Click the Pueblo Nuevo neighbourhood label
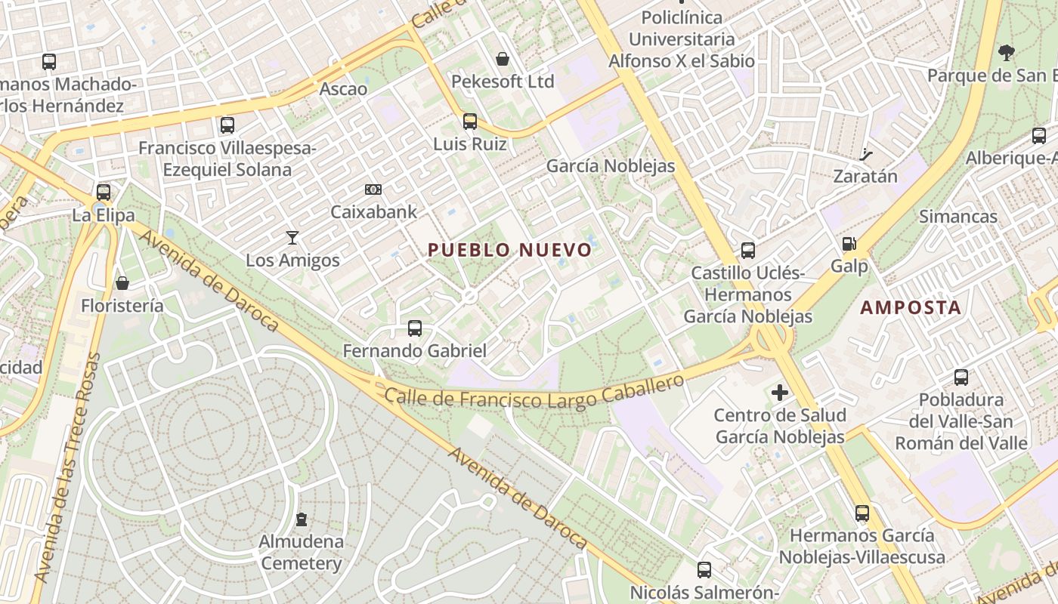[x=510, y=250]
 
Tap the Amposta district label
[x=911, y=307]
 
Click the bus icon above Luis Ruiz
[x=470, y=121]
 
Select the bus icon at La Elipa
[x=104, y=192]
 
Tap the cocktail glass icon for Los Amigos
[x=292, y=238]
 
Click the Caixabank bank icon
[x=373, y=190]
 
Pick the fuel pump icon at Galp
[x=849, y=244]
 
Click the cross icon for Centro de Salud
[x=780, y=393]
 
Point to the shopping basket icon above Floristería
[x=122, y=283]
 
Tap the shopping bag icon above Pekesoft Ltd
[x=503, y=59]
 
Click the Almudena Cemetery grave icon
[x=302, y=519]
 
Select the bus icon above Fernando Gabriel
[x=415, y=328]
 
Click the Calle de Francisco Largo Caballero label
[x=534, y=394]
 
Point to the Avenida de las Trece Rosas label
[x=68, y=468]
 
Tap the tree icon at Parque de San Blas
[x=1006, y=53]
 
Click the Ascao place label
[x=343, y=89]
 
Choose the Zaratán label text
[x=865, y=177]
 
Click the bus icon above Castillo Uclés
[x=748, y=250]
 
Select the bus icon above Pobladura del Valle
[x=961, y=377]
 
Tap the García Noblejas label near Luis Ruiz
[x=610, y=166]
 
